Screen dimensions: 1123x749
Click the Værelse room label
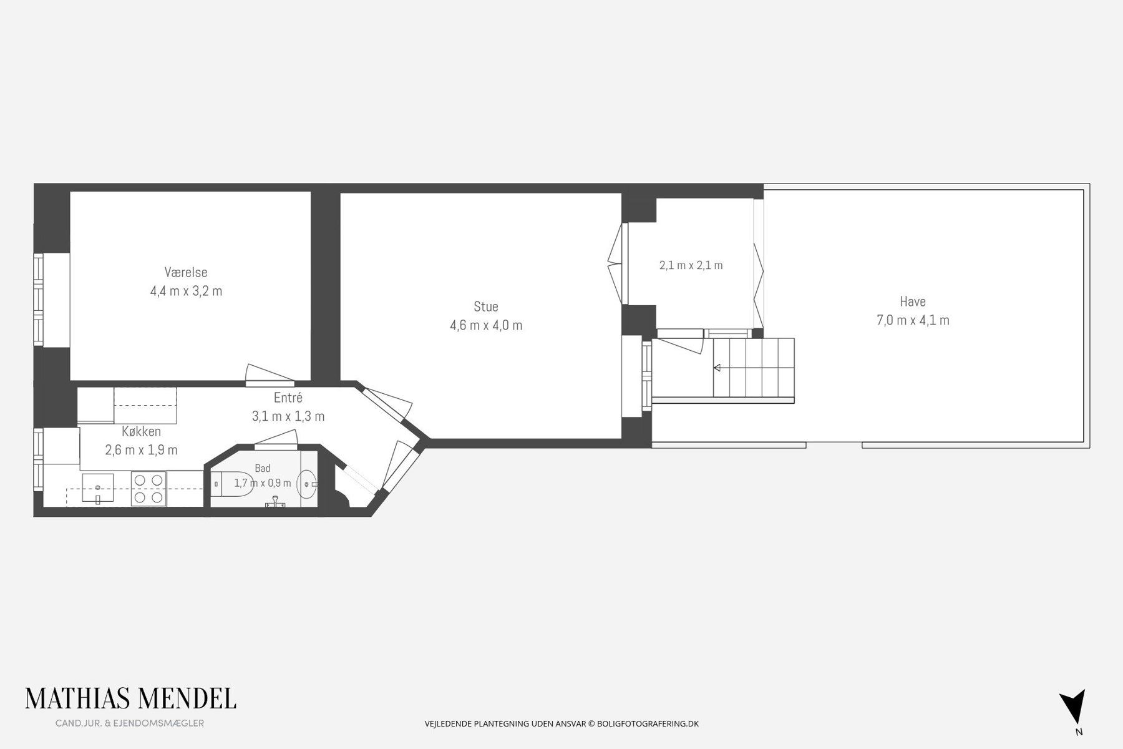[186, 273]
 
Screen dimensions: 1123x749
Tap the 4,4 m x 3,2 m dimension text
[186, 291]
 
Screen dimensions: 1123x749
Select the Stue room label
[486, 307]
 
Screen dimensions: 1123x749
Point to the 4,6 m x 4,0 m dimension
[486, 325]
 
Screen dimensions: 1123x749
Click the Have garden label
[913, 302]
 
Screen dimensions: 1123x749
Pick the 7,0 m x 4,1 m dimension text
[913, 320]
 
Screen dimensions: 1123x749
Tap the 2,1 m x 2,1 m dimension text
[691, 265]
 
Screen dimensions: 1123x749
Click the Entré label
[288, 398]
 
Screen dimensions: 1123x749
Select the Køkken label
[142, 432]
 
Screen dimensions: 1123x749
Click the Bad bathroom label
[263, 468]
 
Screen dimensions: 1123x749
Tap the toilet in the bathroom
[231, 484]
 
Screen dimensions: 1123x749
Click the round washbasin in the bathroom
[308, 484]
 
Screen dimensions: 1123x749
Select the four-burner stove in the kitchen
[149, 489]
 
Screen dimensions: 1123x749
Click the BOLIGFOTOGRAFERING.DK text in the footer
[648, 724]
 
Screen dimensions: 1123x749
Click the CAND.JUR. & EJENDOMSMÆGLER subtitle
[130, 723]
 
